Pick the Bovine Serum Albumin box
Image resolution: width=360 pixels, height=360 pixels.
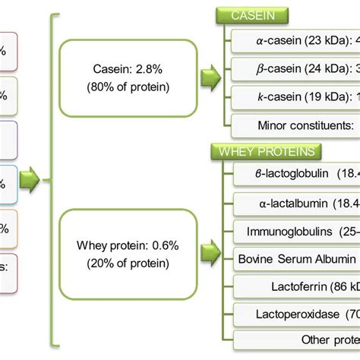point(296,259)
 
